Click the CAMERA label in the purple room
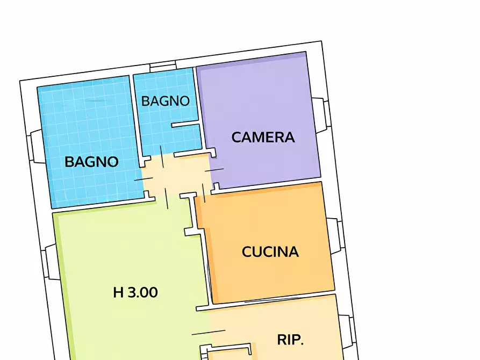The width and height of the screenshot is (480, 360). pos(263,137)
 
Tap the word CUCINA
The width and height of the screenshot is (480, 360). pos(270,251)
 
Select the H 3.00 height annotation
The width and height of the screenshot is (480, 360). pos(135,293)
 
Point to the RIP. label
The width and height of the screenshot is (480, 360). pos(291,340)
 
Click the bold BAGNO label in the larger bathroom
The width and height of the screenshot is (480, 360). pos(91,161)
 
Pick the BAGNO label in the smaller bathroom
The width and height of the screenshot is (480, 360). pos(166,100)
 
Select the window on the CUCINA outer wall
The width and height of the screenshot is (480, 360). pos(334,235)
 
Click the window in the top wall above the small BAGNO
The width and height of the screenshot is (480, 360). pos(163,67)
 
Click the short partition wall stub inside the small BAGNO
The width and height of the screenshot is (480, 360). pos(185,125)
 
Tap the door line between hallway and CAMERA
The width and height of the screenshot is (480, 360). pos(213,170)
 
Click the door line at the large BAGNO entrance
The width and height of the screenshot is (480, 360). pos(143,178)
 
